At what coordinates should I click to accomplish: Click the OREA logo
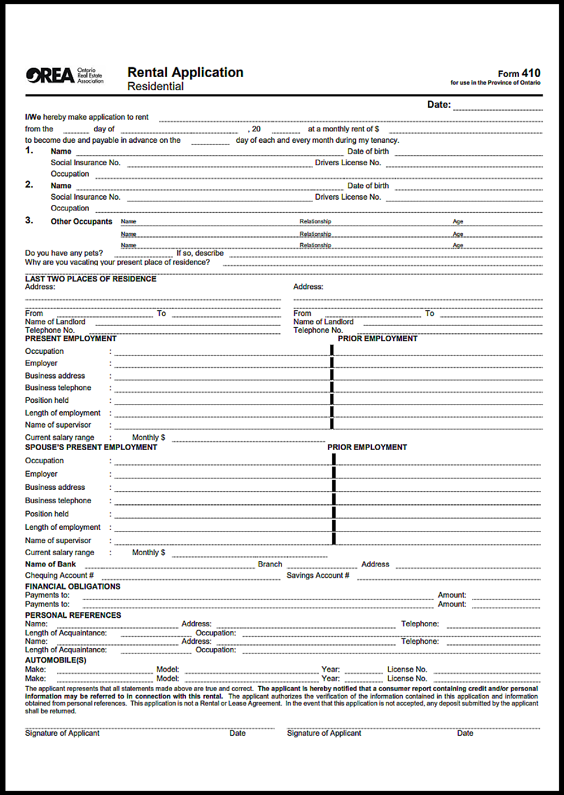pos(64,75)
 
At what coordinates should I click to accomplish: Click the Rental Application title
pos(185,72)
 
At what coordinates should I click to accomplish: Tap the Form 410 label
pos(519,73)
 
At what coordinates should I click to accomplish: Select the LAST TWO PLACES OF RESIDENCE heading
pos(91,279)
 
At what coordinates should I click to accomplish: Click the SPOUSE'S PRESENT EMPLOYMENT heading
pos(91,447)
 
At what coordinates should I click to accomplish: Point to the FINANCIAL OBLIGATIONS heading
pos(73,586)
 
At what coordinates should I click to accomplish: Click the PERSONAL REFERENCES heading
pos(73,615)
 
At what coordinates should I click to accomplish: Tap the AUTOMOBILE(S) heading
pos(55,660)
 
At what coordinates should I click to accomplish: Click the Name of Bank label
pos(50,564)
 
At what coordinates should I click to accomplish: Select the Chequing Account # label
pos(60,575)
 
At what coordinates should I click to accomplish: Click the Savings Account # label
pos(318,575)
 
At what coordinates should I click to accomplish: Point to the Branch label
pos(270,564)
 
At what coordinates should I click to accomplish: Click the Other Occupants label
pos(81,221)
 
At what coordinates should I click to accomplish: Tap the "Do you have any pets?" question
pos(64,253)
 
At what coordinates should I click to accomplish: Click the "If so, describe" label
pos(200,253)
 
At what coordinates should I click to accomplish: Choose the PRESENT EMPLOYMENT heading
pos(71,338)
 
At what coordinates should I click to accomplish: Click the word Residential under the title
pos(156,86)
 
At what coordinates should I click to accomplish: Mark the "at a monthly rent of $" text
pos(343,129)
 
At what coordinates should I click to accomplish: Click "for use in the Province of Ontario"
pos(495,83)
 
